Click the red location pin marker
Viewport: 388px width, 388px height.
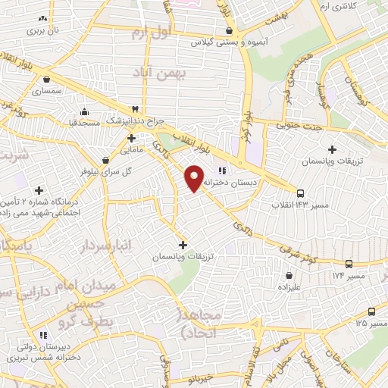[x=194, y=177]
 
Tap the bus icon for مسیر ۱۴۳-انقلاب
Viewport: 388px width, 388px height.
[x=301, y=193]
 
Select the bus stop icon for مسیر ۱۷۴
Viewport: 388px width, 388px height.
[x=348, y=264]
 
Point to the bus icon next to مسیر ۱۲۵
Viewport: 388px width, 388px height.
[x=371, y=311]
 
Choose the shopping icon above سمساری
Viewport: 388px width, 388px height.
[x=47, y=78]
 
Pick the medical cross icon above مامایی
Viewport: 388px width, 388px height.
[x=132, y=138]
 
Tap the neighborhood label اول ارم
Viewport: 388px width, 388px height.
[x=151, y=33]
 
